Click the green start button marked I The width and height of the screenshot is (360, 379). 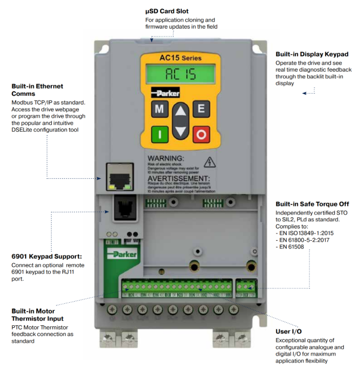(159, 134)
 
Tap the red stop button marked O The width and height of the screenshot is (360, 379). (201, 134)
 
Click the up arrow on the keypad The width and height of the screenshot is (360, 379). (180, 113)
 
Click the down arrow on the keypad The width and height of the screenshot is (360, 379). (180, 131)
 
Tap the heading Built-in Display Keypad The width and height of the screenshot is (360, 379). (311, 54)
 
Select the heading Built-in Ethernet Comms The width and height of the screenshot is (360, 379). (37, 90)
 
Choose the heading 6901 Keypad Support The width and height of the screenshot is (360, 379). (47, 256)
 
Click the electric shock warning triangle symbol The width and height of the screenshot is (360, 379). (209, 162)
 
